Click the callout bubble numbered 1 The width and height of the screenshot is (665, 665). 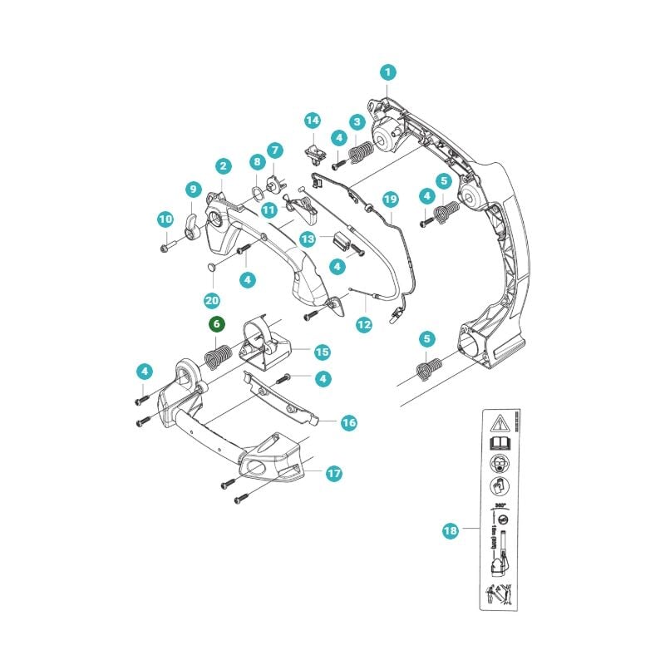[x=387, y=72]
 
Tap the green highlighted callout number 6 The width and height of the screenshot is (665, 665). [x=215, y=323]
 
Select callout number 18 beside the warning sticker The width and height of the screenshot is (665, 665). [x=451, y=530]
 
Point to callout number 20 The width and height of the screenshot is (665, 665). [x=211, y=299]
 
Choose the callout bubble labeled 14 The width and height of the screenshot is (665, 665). [x=312, y=121]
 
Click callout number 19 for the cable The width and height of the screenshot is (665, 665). [x=390, y=199]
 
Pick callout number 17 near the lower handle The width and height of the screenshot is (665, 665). [x=333, y=473]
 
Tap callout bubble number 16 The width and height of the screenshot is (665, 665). [x=348, y=423]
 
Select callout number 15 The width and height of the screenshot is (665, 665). [x=322, y=352]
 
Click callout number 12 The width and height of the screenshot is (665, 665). [x=363, y=324]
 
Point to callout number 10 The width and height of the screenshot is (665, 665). [x=165, y=219]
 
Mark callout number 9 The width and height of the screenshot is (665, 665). [x=192, y=189]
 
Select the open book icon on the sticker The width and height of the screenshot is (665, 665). [x=501, y=445]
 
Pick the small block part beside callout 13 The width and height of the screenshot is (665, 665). [x=338, y=241]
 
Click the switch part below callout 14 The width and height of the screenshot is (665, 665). [x=315, y=151]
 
